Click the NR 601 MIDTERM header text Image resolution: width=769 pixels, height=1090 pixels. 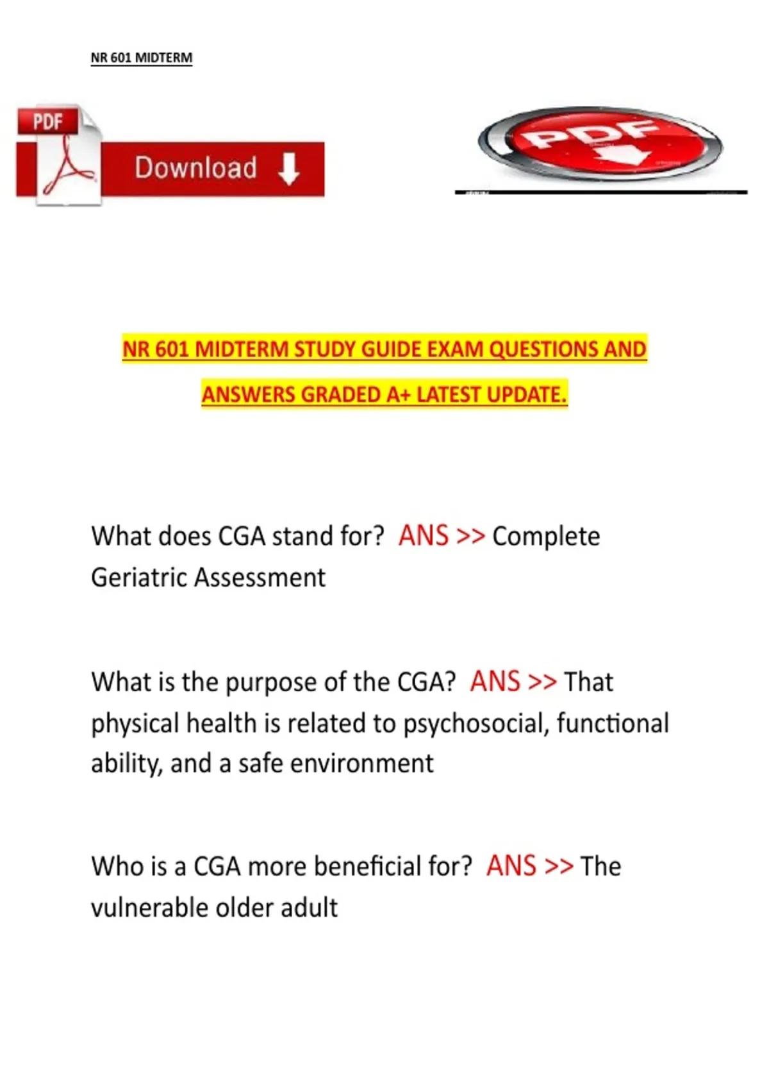141,58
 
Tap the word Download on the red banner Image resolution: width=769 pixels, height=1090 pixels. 195,168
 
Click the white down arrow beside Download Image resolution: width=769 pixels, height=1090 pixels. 289,169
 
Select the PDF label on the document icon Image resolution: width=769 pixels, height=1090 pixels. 48,121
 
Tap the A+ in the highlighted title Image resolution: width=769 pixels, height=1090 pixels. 398,394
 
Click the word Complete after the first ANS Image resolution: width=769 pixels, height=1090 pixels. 546,537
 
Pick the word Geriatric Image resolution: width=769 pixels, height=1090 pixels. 140,578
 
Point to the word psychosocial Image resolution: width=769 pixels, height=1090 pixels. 475,724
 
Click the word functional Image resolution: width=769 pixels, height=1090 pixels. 613,723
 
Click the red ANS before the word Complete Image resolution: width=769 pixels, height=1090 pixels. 423,536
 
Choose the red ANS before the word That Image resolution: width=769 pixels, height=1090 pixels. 495,682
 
